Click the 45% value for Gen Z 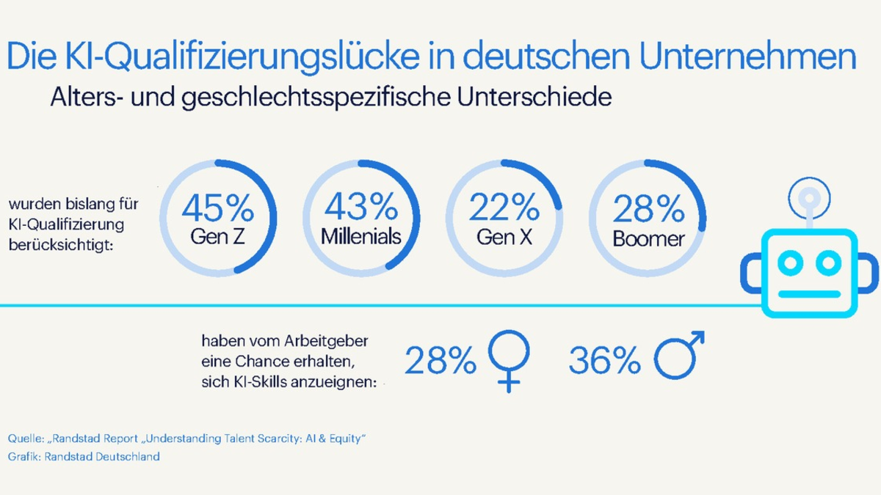217,208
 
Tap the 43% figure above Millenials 360,208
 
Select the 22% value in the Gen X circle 504,208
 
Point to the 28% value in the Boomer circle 648,210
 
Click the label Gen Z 217,237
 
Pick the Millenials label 360,237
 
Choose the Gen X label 504,237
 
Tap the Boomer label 648,238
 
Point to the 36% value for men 604,360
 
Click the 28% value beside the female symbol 440,360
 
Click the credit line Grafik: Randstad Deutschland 84,456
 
